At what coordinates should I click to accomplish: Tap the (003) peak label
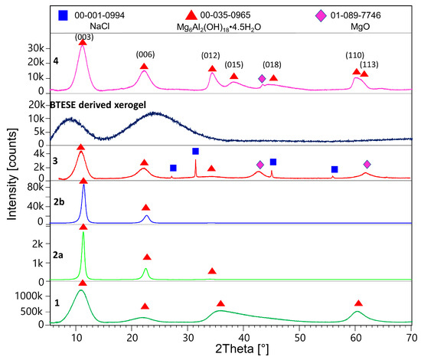pos(82,35)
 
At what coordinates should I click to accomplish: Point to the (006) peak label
pos(143,54)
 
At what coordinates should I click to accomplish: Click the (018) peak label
pos(272,65)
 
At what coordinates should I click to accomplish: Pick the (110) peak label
pos(356,54)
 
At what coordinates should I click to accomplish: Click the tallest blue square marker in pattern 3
pos(195,152)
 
